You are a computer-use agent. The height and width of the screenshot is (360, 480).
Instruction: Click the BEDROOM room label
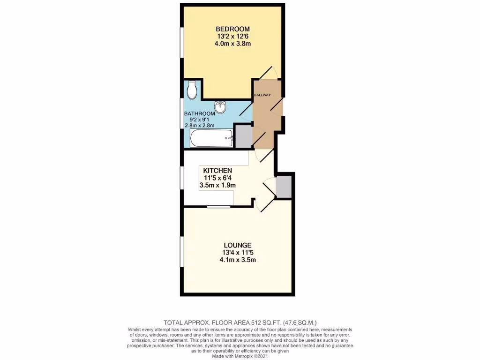(x=232, y=29)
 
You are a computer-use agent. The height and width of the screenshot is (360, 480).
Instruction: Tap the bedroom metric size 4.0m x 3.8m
(x=232, y=44)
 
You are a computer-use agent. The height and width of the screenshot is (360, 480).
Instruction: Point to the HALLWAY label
(x=262, y=95)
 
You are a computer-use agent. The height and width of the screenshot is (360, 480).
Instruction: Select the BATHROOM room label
(x=199, y=113)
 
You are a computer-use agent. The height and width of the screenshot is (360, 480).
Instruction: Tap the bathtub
(x=211, y=138)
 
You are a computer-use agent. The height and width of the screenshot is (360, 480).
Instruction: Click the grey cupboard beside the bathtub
(x=242, y=136)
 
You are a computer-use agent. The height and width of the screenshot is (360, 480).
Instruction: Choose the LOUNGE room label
(x=238, y=245)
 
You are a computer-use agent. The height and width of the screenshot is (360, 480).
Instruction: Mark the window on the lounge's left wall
(x=182, y=252)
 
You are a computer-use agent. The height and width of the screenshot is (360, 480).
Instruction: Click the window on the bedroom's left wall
(x=182, y=43)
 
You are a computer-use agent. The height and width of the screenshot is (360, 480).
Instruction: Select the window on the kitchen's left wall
(x=182, y=178)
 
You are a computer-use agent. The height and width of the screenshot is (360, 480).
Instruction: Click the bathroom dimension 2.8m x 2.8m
(x=199, y=126)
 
